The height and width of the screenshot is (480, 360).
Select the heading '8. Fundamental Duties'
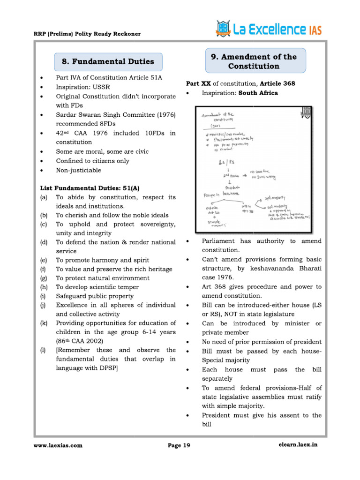click(107, 61)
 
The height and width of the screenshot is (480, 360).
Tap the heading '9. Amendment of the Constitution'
click(254, 61)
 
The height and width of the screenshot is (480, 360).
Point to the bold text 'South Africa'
click(258, 93)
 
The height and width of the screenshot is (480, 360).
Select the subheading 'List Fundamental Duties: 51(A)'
click(90, 188)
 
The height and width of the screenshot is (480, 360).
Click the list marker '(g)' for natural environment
click(44, 278)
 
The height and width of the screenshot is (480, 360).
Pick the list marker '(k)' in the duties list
click(44, 323)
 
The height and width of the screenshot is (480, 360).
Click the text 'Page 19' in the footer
click(179, 446)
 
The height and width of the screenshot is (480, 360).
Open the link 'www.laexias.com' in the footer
click(58, 446)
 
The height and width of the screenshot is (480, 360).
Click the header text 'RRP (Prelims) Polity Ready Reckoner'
click(87, 34)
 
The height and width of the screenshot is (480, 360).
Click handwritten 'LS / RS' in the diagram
click(219, 163)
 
